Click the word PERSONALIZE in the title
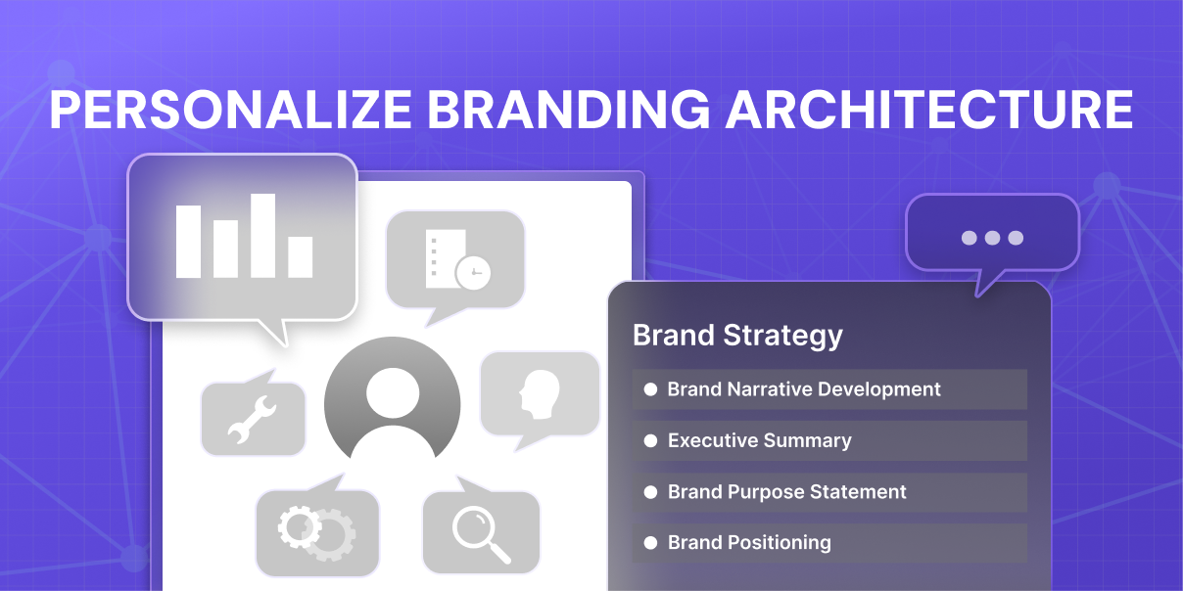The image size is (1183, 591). point(230,110)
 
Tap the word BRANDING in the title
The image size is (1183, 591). point(569,110)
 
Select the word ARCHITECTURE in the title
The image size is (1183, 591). point(929,110)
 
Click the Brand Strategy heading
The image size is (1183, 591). point(737,336)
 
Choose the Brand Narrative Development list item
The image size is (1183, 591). point(829,389)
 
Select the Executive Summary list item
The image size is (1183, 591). point(829,440)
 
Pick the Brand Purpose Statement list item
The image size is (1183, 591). point(829,492)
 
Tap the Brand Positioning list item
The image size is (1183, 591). point(829,543)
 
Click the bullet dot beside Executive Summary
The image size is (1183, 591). point(650,440)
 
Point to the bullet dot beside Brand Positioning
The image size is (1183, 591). point(650,543)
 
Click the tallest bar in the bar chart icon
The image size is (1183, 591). point(263,236)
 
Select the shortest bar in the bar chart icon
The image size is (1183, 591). point(300,257)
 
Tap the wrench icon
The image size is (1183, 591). point(252,420)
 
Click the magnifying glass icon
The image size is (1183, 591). point(481,534)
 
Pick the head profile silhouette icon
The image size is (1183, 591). point(540,394)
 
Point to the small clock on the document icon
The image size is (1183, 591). point(473,273)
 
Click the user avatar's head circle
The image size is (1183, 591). point(393,393)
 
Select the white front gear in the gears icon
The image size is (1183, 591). point(300,526)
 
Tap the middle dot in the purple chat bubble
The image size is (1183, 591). point(992,238)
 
